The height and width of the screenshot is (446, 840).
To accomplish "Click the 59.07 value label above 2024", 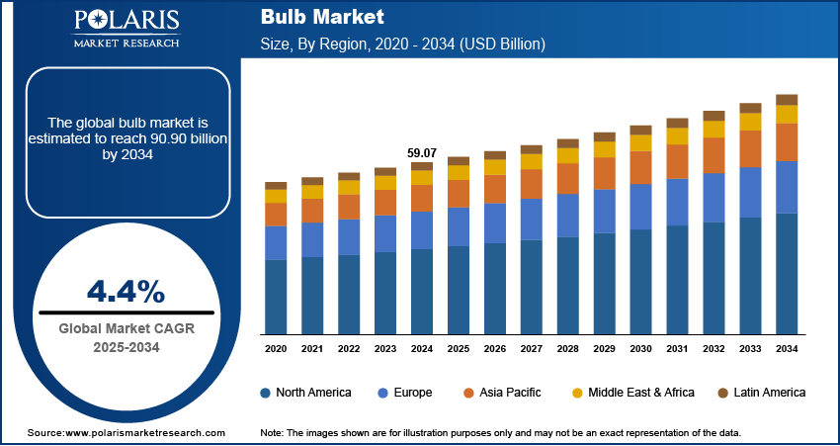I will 421,153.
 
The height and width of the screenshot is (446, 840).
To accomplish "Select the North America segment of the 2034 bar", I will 787,273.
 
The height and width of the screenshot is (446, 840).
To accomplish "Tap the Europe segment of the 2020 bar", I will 276,242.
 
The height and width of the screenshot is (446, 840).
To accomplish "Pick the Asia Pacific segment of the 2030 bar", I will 640,167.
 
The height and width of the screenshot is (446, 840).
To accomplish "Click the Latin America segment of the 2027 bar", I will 532,149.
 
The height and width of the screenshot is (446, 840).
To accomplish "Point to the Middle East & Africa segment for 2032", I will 714,129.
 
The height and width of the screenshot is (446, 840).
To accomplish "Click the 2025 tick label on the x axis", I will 459,349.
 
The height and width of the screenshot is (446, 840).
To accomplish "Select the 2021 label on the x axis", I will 312,349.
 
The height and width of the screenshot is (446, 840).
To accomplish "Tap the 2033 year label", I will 750,349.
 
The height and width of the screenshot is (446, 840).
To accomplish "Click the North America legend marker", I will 266,393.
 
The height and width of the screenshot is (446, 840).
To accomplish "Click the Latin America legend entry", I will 761,393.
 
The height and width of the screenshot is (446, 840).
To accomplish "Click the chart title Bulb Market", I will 308,18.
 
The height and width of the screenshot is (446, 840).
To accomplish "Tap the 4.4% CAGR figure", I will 126,291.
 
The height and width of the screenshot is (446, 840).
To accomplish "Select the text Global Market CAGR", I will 126,328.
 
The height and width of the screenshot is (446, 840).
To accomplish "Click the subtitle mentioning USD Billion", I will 402,45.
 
